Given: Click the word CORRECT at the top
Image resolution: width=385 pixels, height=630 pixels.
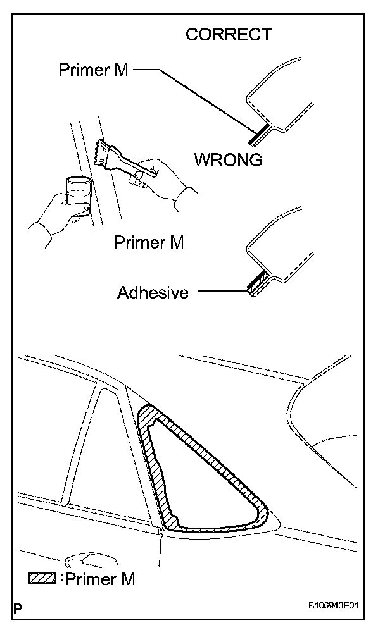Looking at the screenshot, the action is click(228, 35).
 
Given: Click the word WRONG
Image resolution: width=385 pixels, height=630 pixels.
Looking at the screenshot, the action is click(228, 160).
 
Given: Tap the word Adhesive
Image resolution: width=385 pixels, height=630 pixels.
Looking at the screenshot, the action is click(153, 293).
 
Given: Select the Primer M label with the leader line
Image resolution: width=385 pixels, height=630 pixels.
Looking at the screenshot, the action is click(93, 70).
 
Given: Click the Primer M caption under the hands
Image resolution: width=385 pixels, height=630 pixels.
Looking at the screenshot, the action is click(149, 242).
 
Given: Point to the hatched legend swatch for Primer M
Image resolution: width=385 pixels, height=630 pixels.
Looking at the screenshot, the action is click(42, 577).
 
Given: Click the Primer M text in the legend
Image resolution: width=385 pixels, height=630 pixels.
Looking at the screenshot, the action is click(101, 578).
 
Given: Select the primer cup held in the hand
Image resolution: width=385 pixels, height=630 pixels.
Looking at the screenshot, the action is click(77, 194).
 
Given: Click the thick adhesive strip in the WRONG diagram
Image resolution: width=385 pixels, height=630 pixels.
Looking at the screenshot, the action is click(256, 284).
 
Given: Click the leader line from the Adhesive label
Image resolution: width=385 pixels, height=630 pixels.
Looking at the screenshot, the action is click(222, 292).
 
